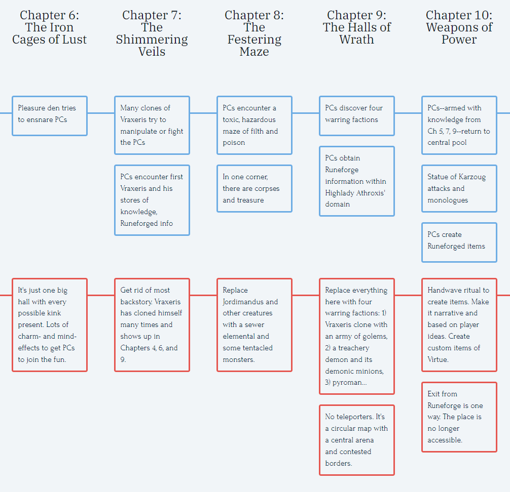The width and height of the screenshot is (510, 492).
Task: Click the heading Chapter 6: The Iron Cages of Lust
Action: click(x=50, y=27)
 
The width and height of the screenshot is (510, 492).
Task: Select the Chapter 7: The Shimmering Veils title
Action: click(x=152, y=33)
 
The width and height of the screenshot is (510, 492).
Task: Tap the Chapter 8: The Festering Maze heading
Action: click(x=254, y=33)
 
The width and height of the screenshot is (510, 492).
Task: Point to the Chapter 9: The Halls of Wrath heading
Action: click(x=356, y=27)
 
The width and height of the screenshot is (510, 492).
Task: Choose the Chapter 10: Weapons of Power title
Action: click(x=459, y=27)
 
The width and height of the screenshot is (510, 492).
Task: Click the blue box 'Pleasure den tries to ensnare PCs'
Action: click(x=50, y=116)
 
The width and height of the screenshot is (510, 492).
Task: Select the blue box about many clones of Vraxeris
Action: click(x=152, y=125)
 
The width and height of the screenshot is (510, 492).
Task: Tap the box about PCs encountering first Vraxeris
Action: click(x=152, y=200)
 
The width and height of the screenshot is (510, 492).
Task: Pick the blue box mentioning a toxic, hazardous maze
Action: click(x=254, y=125)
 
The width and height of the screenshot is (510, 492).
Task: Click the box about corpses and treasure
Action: click(x=254, y=188)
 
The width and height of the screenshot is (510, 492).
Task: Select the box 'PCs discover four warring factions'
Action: click(x=356, y=116)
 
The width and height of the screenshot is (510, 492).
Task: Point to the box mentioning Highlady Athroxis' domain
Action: click(x=356, y=181)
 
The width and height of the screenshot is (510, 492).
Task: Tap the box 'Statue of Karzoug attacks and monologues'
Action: click(x=459, y=188)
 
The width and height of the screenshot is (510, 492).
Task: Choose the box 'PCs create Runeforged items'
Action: click(x=459, y=242)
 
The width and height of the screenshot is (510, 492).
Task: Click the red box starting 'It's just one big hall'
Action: click(x=50, y=325)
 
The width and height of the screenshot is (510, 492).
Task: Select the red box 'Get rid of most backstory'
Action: click(x=152, y=325)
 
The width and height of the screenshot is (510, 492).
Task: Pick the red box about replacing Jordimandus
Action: click(x=254, y=325)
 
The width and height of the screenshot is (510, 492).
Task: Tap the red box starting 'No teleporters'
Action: click(x=356, y=440)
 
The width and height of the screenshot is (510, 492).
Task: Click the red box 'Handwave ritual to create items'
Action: click(x=459, y=325)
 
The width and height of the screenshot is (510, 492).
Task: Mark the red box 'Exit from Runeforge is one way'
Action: click(x=459, y=417)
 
